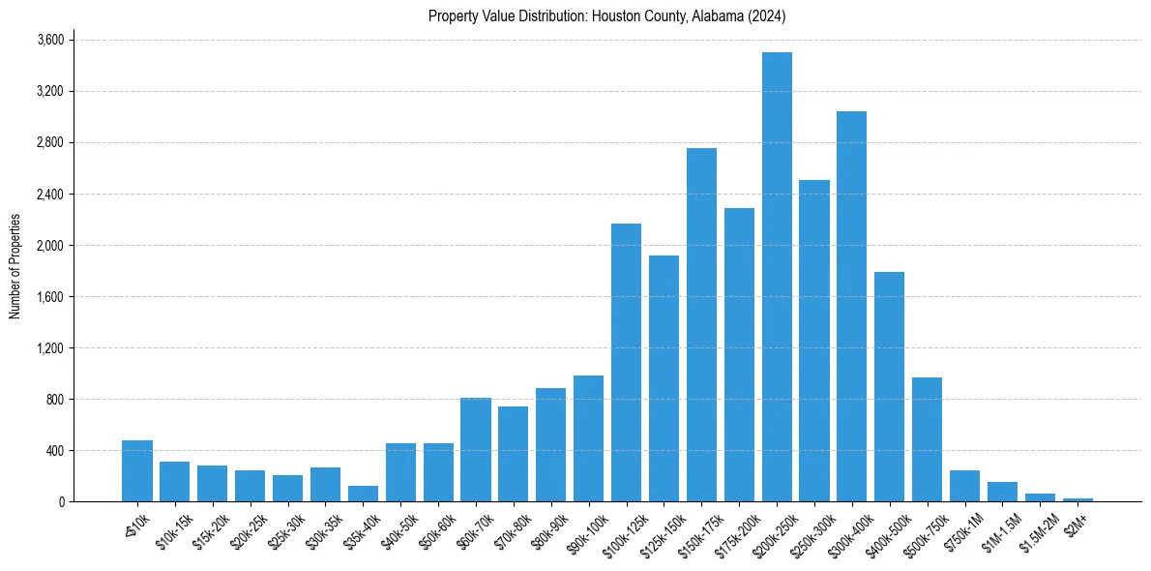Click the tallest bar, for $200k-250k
point(777,277)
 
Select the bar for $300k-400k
point(851,307)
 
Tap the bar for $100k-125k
point(626,363)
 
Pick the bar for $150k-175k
point(701,325)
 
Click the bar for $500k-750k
point(927,439)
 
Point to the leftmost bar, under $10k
point(137,471)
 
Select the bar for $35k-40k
point(363,495)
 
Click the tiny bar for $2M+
point(1077,499)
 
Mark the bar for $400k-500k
point(889,387)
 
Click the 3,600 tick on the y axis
point(50,40)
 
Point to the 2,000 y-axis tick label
point(50,246)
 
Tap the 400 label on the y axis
point(54,451)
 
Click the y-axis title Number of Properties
point(15,266)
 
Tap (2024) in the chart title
point(769,16)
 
